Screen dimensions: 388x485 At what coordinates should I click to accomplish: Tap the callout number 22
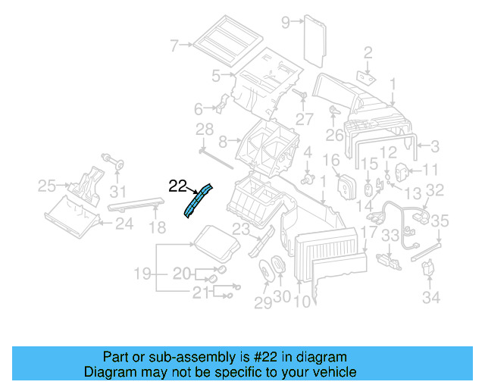coord(177,185)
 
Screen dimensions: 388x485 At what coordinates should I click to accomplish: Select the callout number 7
coord(174,46)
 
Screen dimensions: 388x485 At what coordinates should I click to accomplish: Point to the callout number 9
coord(286,22)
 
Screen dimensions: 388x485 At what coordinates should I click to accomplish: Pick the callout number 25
coord(47,185)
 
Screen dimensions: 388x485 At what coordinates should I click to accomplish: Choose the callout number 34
coord(431,298)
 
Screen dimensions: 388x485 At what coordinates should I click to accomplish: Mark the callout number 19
coord(142,272)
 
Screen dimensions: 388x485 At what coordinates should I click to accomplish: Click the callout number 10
coord(301,301)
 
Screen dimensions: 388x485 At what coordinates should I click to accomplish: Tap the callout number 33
coord(390,237)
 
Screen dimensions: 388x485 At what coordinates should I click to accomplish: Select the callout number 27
coord(305,119)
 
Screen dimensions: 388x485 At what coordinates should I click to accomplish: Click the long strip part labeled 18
coord(136,202)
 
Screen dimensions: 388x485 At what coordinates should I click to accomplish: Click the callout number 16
coord(331,161)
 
